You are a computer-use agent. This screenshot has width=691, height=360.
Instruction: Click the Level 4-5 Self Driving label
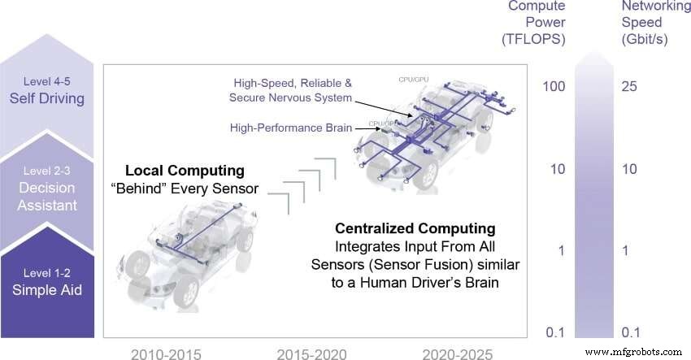tap(50, 90)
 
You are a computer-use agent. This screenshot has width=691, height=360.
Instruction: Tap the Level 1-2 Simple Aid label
tap(50, 280)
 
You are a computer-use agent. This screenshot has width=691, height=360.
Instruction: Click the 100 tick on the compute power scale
tap(554, 86)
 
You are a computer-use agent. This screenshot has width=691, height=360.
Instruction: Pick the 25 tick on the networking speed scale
tap(630, 86)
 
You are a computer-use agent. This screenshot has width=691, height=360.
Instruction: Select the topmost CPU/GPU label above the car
tap(414, 80)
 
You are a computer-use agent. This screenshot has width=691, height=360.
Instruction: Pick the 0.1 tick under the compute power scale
tap(555, 332)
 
